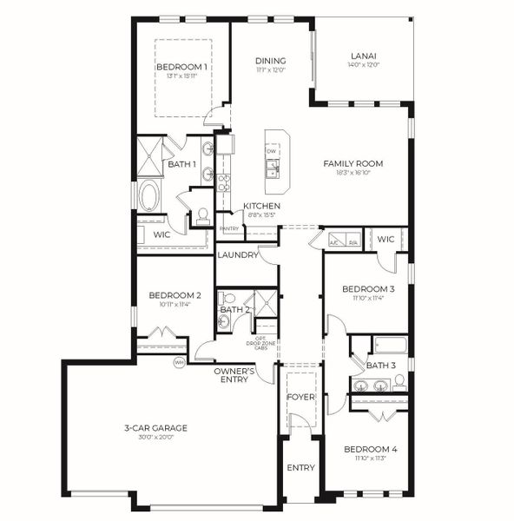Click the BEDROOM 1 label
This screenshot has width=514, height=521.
[x=181, y=67]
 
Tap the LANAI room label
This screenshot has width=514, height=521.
[x=363, y=56]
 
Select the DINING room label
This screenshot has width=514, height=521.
[x=270, y=61]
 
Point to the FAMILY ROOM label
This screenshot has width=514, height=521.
[x=353, y=163]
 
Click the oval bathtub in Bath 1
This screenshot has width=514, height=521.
[x=148, y=196]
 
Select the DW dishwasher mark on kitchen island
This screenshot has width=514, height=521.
[x=272, y=151]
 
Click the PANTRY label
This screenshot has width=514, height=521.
[x=229, y=229]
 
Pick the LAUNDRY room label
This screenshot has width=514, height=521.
[x=238, y=255]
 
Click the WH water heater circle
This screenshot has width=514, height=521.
[x=180, y=362]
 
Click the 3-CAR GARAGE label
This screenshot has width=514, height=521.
[x=155, y=427]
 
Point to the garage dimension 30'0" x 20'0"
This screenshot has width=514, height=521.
[x=155, y=438]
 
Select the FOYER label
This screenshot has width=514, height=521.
[x=300, y=397]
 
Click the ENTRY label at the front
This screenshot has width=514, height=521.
[x=300, y=468]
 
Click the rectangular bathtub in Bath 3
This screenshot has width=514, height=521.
[x=390, y=345]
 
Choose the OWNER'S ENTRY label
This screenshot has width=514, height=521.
[x=234, y=375]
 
